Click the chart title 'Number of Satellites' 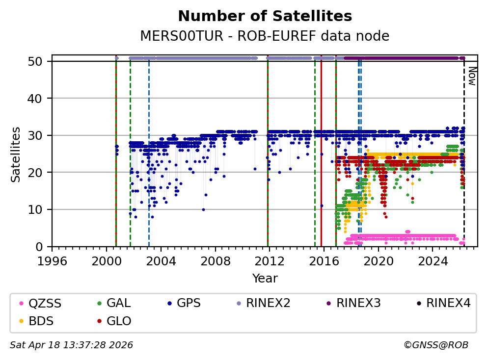click(x=265, y=16)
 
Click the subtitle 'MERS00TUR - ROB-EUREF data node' click(x=265, y=36)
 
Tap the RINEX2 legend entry click(x=268, y=303)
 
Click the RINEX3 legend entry click(x=358, y=303)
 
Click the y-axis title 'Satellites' click(x=16, y=154)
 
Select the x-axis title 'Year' click(x=265, y=279)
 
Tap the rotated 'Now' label click(x=471, y=76)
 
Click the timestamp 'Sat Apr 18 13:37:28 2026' click(x=72, y=345)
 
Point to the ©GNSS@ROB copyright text click(x=435, y=345)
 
